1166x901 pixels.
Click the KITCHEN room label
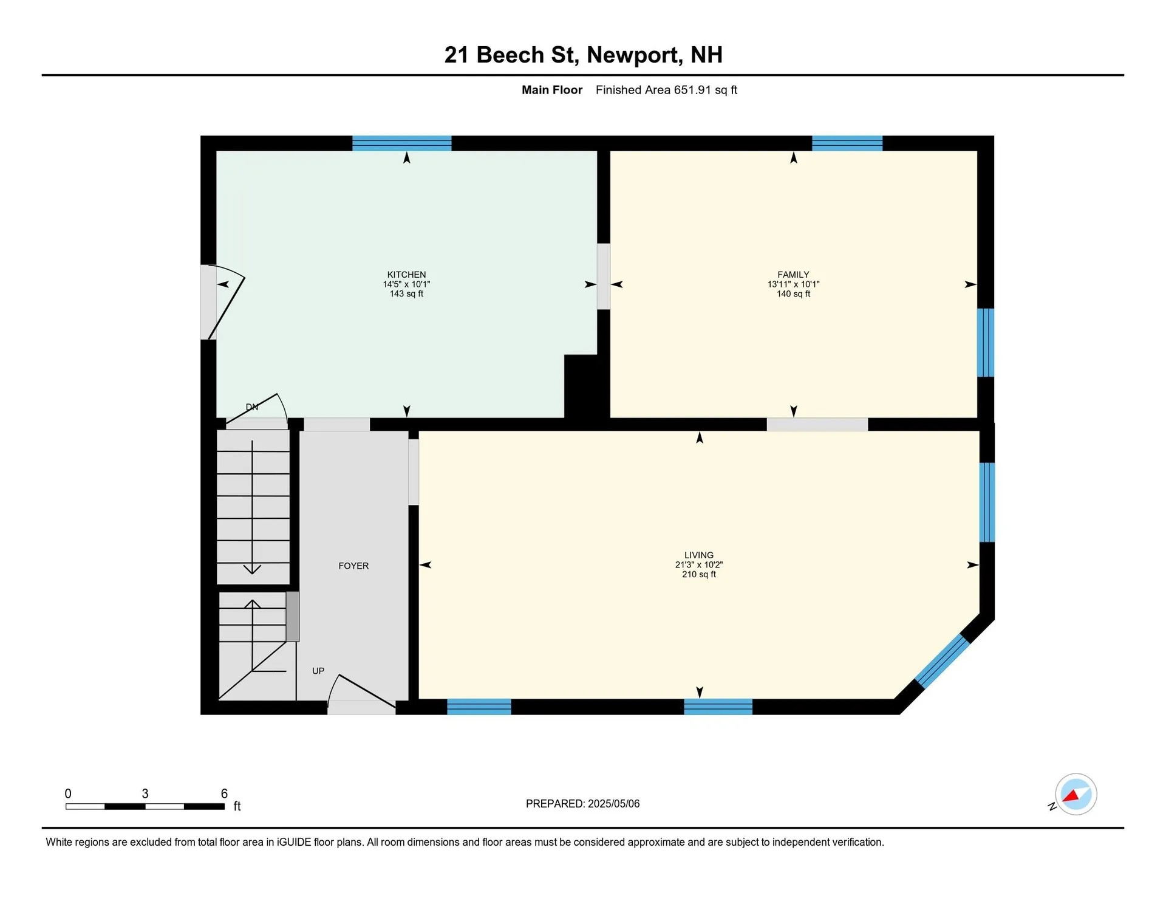click(x=406, y=275)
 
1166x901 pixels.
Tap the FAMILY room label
click(x=793, y=275)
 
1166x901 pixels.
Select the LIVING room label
click(x=699, y=555)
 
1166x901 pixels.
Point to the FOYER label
click(x=353, y=566)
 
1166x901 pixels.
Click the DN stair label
click(x=252, y=407)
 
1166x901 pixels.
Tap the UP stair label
click(x=318, y=671)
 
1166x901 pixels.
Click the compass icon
click(x=1076, y=794)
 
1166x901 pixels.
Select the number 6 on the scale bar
click(x=224, y=793)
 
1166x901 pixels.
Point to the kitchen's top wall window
click(x=402, y=143)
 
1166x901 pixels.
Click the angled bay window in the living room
click(x=942, y=661)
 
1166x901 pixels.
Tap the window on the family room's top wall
click(x=847, y=143)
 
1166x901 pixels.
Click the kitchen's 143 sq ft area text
click(x=406, y=294)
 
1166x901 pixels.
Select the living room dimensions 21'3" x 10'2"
click(x=699, y=565)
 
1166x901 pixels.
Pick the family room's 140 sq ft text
click(x=793, y=294)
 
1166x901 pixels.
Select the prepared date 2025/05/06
click(x=613, y=804)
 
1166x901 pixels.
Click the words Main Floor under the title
click(x=552, y=90)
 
